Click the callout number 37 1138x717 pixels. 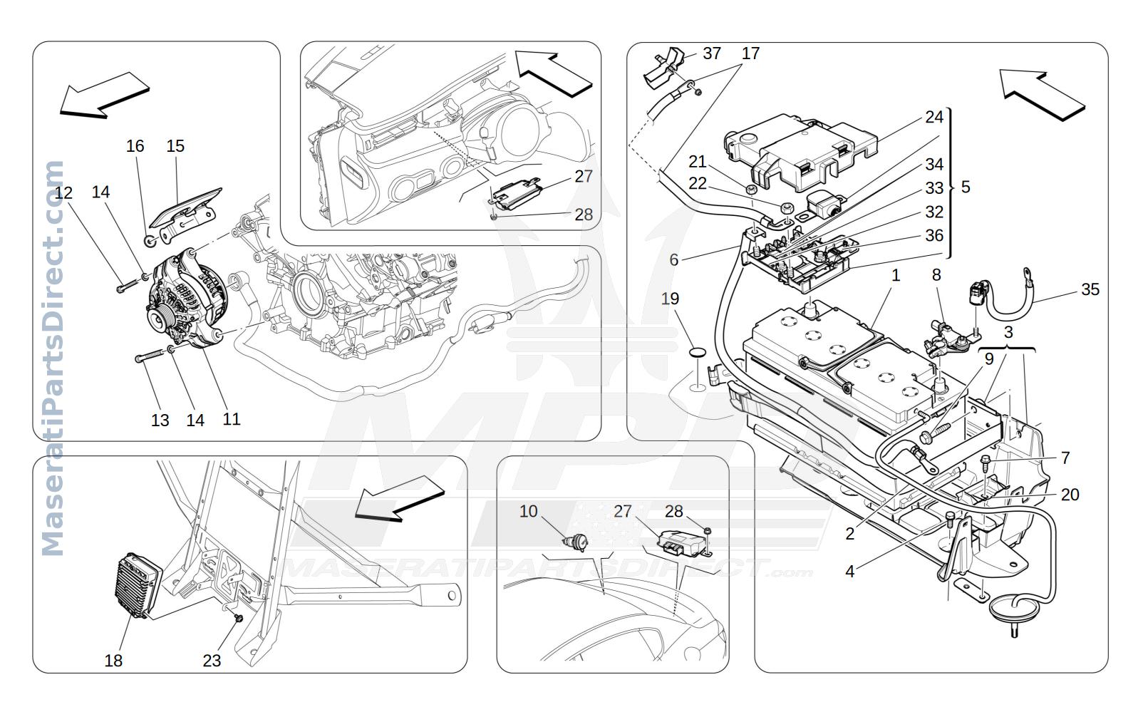tap(712, 53)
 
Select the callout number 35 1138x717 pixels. tap(1090, 289)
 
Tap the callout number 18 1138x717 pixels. tap(113, 661)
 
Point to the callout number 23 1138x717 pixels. tap(212, 661)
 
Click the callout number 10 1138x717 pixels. tap(528, 511)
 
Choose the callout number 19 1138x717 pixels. tap(670, 299)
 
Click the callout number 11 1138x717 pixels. tap(231, 419)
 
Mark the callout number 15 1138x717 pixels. tap(175, 146)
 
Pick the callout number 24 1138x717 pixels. tap(934, 117)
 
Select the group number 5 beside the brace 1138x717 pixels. tap(966, 187)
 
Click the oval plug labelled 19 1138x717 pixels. tap(698, 352)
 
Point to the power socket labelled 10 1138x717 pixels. tap(576, 542)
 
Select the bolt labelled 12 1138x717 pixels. tap(128, 285)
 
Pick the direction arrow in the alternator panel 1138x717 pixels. tap(104, 96)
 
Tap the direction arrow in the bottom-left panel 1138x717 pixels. tap(399, 499)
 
